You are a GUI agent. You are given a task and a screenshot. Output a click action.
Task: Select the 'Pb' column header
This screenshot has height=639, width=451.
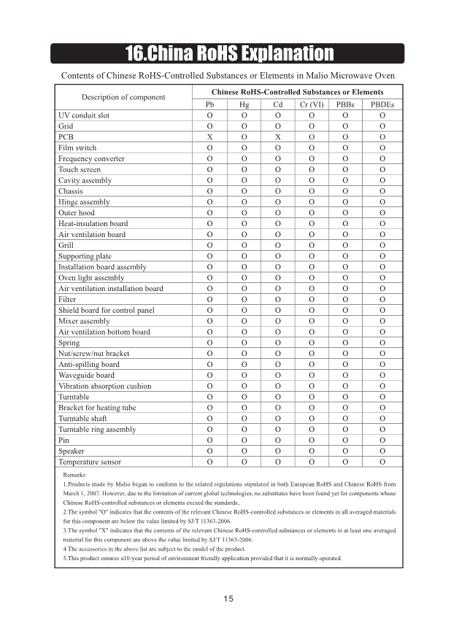coord(209,105)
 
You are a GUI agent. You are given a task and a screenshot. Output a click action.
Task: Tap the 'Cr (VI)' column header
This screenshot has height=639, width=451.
coord(312,105)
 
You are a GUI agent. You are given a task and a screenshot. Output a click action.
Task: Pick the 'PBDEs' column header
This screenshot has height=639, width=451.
coord(382,105)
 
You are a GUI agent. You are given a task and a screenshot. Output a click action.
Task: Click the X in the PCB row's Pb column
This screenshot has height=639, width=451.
coord(209,137)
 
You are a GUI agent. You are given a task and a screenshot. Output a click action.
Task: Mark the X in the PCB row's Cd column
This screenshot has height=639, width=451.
coord(278,137)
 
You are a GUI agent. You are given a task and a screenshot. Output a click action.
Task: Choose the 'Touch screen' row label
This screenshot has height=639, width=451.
coord(80,169)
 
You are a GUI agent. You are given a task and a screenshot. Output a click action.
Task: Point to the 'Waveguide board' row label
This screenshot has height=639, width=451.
coord(86,375)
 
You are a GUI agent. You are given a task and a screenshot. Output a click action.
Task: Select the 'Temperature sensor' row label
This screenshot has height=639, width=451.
coord(90,462)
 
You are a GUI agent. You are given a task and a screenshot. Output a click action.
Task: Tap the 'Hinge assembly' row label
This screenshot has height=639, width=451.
coord(84,202)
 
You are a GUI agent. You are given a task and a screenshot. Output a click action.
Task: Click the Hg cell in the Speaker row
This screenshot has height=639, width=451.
coord(244,452)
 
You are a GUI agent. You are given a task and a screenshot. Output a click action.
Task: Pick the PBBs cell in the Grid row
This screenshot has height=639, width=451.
coord(347,126)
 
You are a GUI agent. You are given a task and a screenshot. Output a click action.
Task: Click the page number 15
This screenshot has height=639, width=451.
coord(228,599)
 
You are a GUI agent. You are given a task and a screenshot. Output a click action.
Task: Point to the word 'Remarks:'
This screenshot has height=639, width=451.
coord(75,475)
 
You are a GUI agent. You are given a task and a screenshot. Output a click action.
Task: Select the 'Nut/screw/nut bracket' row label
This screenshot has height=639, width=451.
coord(93,354)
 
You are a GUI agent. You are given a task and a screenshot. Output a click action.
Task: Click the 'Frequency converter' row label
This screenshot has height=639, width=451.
coord(91,158)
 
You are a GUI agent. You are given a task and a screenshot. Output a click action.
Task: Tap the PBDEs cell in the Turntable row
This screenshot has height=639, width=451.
coord(382,397)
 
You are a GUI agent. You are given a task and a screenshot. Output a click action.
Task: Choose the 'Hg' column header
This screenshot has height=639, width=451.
coord(244,105)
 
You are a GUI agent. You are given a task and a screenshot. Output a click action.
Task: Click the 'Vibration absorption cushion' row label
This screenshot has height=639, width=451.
coord(104,386)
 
